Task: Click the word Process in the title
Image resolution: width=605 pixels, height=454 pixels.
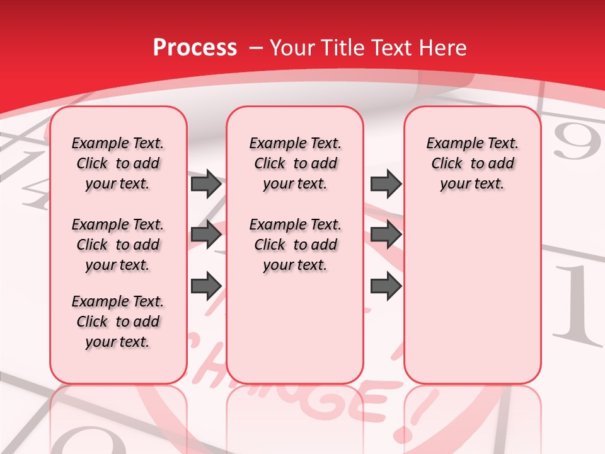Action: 195,48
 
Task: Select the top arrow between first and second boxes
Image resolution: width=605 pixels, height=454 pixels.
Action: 206,183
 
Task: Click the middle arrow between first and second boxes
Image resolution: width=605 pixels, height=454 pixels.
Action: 206,235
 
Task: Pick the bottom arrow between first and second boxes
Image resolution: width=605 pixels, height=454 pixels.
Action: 206,286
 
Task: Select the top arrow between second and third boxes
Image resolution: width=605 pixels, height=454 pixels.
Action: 386,183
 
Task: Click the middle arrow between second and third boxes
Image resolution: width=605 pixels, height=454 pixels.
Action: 386,235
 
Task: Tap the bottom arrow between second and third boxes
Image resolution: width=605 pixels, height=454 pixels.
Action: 386,286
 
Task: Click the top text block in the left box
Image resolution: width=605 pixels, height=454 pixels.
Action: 118,163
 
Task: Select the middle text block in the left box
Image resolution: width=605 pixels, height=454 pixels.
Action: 118,245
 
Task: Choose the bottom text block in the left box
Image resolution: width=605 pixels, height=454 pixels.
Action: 118,322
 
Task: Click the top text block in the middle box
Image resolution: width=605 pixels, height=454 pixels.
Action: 296,163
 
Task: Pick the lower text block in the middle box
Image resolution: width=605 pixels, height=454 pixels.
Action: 296,245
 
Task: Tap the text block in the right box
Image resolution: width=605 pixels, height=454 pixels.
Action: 473,163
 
